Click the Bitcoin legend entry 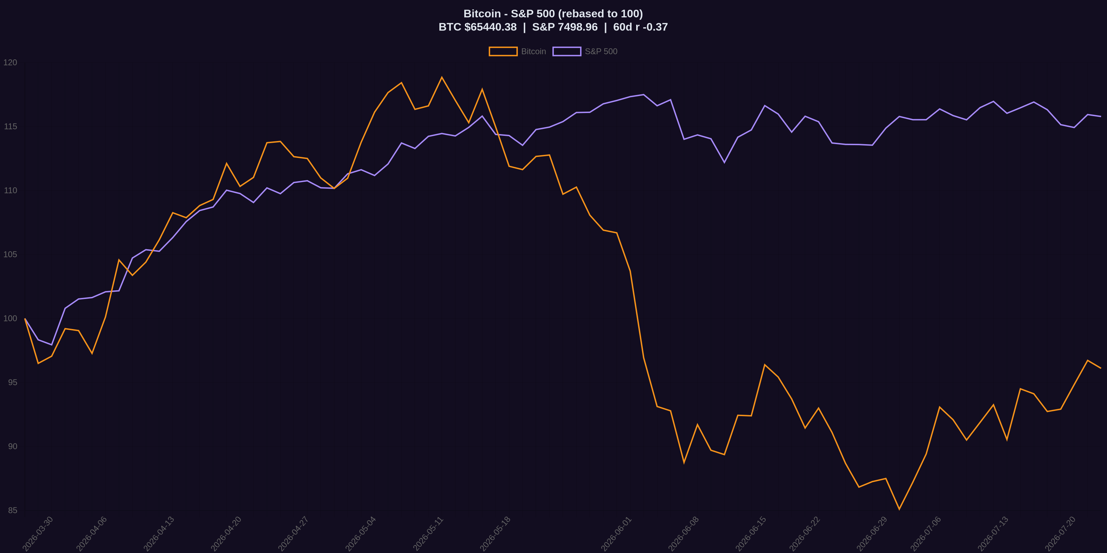pos(518,51)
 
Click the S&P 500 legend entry pos(585,51)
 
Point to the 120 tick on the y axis pos(10,63)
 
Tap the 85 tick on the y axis pos(12,510)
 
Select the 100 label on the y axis pos(10,319)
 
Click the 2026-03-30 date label pos(38,534)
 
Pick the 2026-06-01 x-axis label pos(616,534)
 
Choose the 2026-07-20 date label pos(1060,534)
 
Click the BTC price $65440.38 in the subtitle pos(490,27)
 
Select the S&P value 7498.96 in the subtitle pos(578,27)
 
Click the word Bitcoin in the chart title pos(482,14)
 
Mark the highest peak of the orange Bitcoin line pos(442,77)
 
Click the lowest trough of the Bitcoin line pos(899,509)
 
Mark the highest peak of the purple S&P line pos(643,94)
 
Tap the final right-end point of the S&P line pos(1100,116)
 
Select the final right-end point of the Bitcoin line pos(1100,368)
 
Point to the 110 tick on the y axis pos(10,191)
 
